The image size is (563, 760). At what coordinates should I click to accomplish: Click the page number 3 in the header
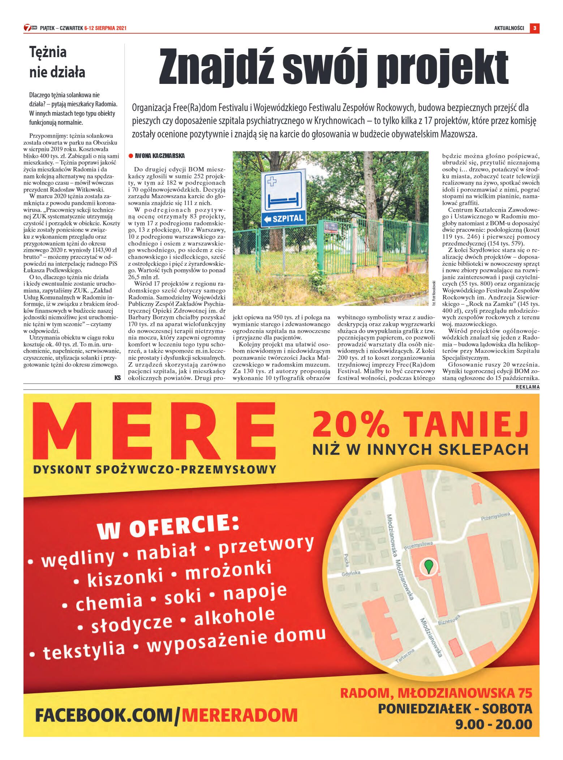tap(534, 28)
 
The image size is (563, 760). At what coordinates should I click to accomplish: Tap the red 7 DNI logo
tap(30, 28)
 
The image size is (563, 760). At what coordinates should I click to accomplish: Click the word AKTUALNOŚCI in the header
tap(509, 28)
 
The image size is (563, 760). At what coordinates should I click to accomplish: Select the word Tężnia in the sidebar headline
tap(48, 52)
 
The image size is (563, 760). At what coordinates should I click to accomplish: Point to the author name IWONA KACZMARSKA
tap(160, 156)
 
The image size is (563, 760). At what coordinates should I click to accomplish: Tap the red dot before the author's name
tap(131, 156)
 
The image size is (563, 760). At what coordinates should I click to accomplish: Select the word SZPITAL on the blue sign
tap(288, 219)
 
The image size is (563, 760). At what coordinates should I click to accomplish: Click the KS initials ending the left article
tap(117, 378)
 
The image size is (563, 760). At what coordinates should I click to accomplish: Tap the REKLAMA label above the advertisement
tap(527, 387)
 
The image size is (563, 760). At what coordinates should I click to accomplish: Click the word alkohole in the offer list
tap(235, 616)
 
